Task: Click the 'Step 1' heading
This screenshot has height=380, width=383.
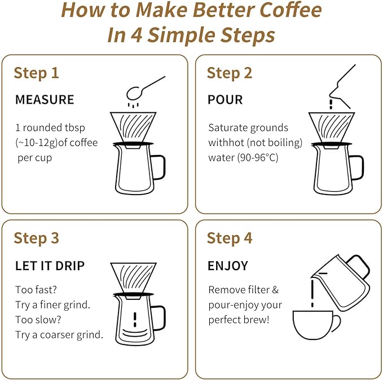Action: [x=36, y=73]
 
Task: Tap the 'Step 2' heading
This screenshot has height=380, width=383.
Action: [x=229, y=73]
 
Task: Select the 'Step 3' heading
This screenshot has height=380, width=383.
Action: [x=36, y=238]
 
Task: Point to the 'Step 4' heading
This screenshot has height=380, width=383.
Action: [x=229, y=238]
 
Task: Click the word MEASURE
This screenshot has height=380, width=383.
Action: [x=45, y=100]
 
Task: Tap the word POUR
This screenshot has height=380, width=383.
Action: [x=225, y=100]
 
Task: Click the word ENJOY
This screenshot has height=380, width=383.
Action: [x=228, y=266]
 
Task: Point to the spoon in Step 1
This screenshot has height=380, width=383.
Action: [x=143, y=88]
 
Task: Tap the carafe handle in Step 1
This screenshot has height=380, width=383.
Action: [x=159, y=166]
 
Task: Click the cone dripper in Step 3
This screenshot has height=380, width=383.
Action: [x=134, y=277]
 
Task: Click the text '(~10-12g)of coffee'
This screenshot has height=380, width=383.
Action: [x=56, y=143]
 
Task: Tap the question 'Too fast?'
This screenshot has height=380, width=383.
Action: [x=36, y=290]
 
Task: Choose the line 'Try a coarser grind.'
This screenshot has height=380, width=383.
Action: [x=59, y=334]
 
